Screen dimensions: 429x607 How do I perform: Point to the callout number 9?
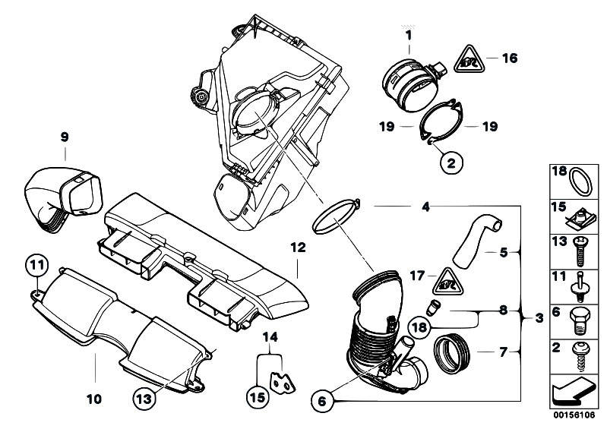(x=65, y=137)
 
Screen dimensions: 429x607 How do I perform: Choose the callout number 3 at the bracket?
(x=539, y=318)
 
